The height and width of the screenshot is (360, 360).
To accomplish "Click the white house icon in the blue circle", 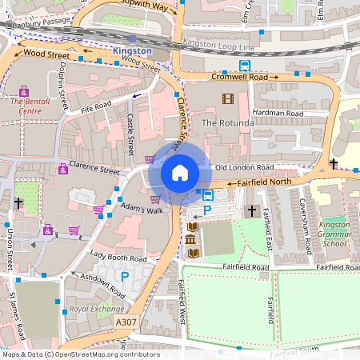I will tap(180, 173).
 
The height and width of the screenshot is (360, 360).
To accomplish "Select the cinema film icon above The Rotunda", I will tap(228, 99).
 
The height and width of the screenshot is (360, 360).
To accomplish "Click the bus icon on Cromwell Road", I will tap(244, 66).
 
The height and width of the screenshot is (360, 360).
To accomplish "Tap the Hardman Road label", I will tap(278, 114).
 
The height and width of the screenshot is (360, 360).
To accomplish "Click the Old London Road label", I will tap(244, 167).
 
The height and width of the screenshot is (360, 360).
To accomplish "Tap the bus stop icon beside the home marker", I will tap(208, 195).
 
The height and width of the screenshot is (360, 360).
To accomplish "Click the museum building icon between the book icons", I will tap(192, 240).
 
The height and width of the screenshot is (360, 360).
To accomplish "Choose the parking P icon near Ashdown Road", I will tap(124, 276).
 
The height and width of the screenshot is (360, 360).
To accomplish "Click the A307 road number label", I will tap(126, 322).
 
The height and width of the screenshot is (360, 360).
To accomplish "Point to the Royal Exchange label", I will tap(91, 308).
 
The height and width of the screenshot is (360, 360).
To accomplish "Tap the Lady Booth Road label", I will tap(118, 259).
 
